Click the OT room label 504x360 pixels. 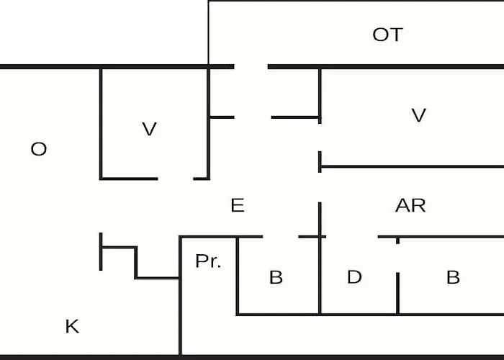click(387, 35)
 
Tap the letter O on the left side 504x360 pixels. click(39, 149)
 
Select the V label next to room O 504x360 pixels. click(149, 129)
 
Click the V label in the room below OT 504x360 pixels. click(419, 115)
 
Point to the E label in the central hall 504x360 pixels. click(238, 205)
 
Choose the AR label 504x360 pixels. click(410, 205)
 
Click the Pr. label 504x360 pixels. click(208, 261)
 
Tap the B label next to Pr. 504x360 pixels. click(276, 277)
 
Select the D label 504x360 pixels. click(354, 276)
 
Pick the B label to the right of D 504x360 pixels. click(453, 277)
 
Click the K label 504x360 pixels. click(72, 326)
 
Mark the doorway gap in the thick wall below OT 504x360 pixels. click(251, 66)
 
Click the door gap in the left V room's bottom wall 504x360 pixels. click(176, 179)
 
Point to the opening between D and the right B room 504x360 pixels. click(397, 258)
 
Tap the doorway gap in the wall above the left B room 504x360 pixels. click(281, 237)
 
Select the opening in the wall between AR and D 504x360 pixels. click(352, 237)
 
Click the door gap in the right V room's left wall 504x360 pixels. click(320, 138)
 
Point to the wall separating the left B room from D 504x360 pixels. click(320, 276)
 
